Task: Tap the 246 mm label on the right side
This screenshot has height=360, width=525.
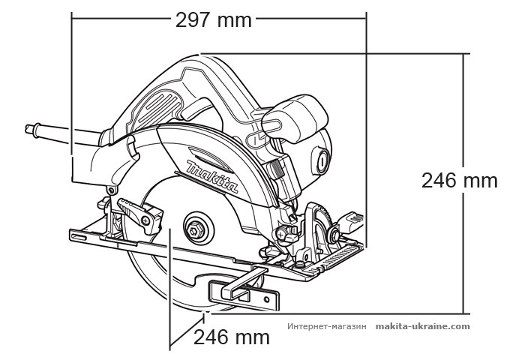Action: tap(459, 180)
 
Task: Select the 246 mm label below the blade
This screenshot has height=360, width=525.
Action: tap(231, 337)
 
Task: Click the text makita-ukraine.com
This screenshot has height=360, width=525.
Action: tap(423, 326)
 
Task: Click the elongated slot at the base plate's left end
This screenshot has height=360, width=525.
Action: tap(79, 236)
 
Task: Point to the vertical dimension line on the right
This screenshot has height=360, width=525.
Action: tap(465, 183)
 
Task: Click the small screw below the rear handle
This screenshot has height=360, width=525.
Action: tap(109, 192)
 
